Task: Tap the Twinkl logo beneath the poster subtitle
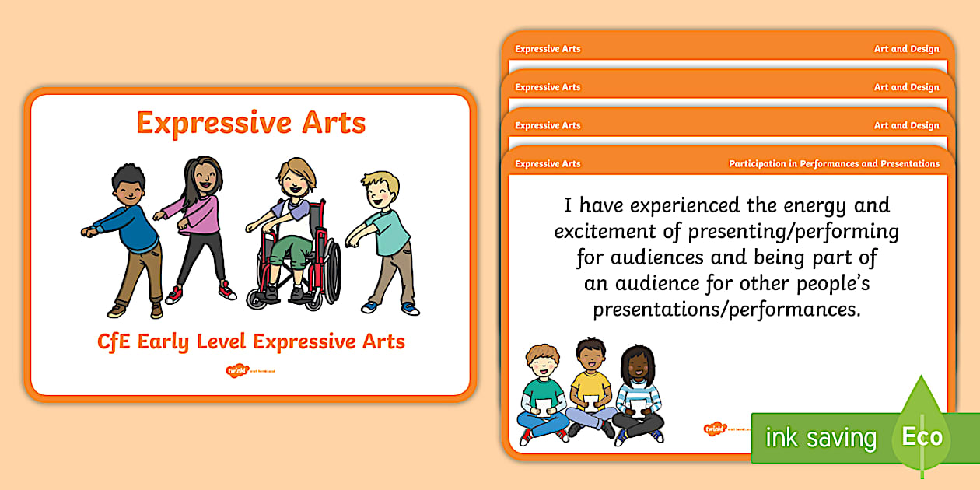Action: [x=236, y=371]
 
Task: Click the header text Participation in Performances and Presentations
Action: [x=834, y=164]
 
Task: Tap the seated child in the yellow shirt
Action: [x=590, y=389]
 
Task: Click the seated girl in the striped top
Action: [x=637, y=393]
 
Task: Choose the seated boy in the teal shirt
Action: [x=544, y=393]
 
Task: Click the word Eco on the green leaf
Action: [x=922, y=436]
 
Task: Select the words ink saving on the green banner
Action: [x=821, y=438]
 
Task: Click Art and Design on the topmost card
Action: [x=906, y=49]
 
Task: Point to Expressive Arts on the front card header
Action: [x=548, y=164]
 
